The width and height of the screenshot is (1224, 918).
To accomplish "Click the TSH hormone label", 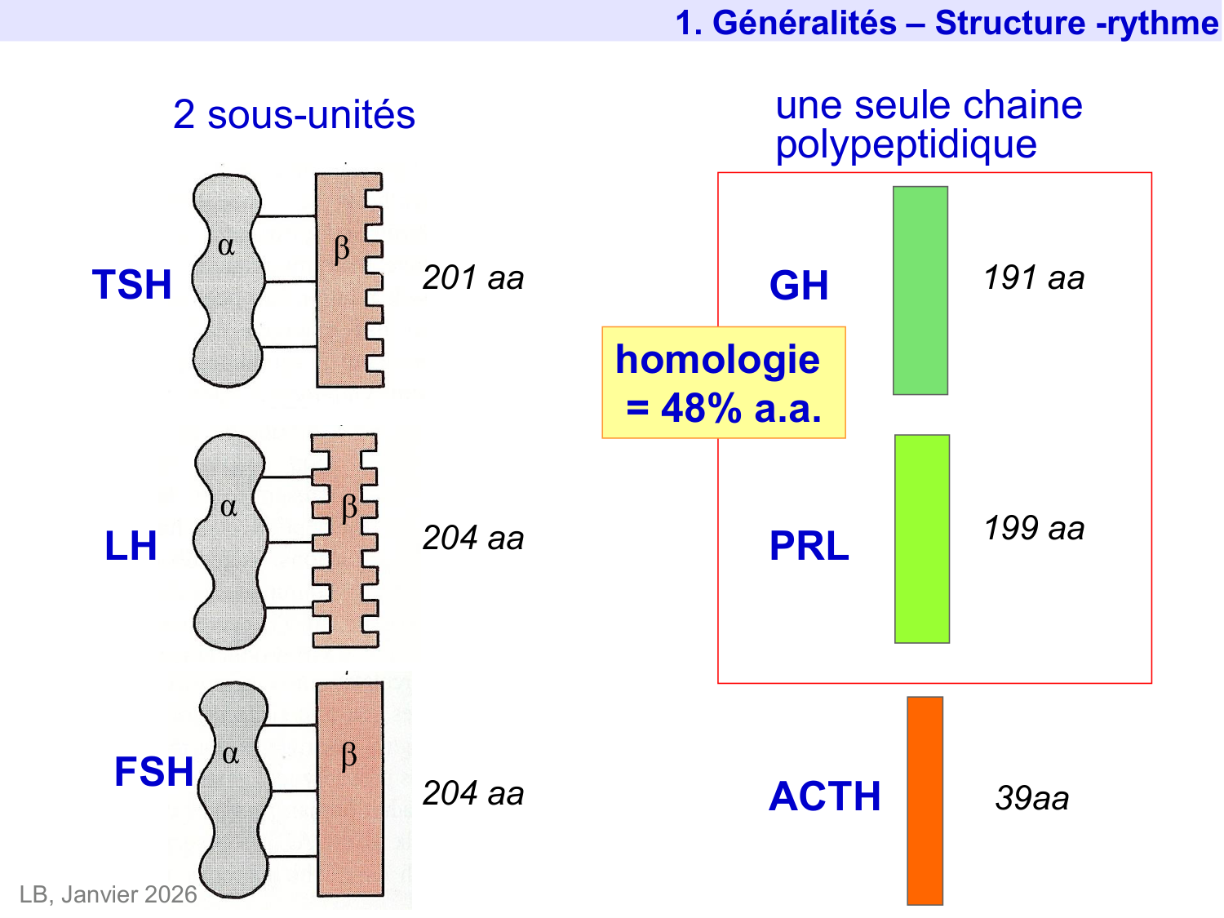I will point(131,285).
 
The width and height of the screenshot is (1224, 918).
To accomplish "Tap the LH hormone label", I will point(131,546).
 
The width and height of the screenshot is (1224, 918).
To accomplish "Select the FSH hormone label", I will point(153,772).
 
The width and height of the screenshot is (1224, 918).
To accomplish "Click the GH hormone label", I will point(798,286).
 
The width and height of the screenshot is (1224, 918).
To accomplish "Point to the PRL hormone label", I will point(809,546).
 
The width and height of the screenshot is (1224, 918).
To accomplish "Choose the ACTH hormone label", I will point(824,796).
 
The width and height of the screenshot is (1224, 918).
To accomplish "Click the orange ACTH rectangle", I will point(925,800).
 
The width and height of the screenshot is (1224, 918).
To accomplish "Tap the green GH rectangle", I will point(920,290).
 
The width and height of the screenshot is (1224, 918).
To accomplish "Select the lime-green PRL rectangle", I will point(921,539).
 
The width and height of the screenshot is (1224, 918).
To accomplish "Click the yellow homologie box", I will point(723,383).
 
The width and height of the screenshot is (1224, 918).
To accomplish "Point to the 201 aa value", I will point(472,278).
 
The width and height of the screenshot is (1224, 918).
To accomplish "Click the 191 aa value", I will point(1033,278).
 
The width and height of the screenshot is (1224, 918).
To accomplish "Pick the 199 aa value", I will point(1033,529).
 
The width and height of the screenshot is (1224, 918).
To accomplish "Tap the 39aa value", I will point(1031,798).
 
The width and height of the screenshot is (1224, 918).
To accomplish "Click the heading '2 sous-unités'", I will point(294,115).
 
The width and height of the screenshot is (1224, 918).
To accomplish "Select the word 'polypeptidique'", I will point(906,145).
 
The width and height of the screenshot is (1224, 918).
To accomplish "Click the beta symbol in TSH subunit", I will point(342,247).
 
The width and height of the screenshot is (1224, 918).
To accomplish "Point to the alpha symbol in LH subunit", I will point(229,508).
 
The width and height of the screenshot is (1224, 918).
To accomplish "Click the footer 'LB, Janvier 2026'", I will point(108,894).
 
